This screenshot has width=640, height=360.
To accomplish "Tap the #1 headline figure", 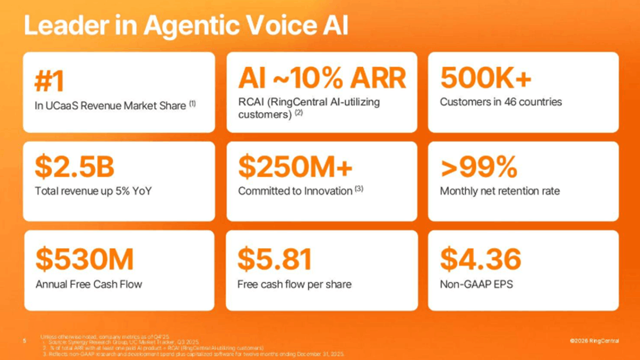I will (49, 80).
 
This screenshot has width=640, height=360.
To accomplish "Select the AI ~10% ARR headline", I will (322, 78).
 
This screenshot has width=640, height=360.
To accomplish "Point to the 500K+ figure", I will (485, 79).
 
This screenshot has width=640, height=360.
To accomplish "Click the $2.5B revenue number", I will (75, 168).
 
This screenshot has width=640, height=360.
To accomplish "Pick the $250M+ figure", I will (295, 168).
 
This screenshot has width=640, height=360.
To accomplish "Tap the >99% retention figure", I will (478, 168).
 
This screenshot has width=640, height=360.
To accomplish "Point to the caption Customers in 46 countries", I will (501, 102).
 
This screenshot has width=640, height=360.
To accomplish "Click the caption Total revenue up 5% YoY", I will (94, 190).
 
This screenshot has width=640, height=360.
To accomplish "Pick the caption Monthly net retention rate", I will (500, 190).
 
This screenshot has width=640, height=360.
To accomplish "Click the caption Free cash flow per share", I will (294, 284).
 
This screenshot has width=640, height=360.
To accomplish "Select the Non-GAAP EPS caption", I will (476, 284).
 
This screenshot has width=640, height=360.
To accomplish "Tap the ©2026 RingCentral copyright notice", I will (594, 341).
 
